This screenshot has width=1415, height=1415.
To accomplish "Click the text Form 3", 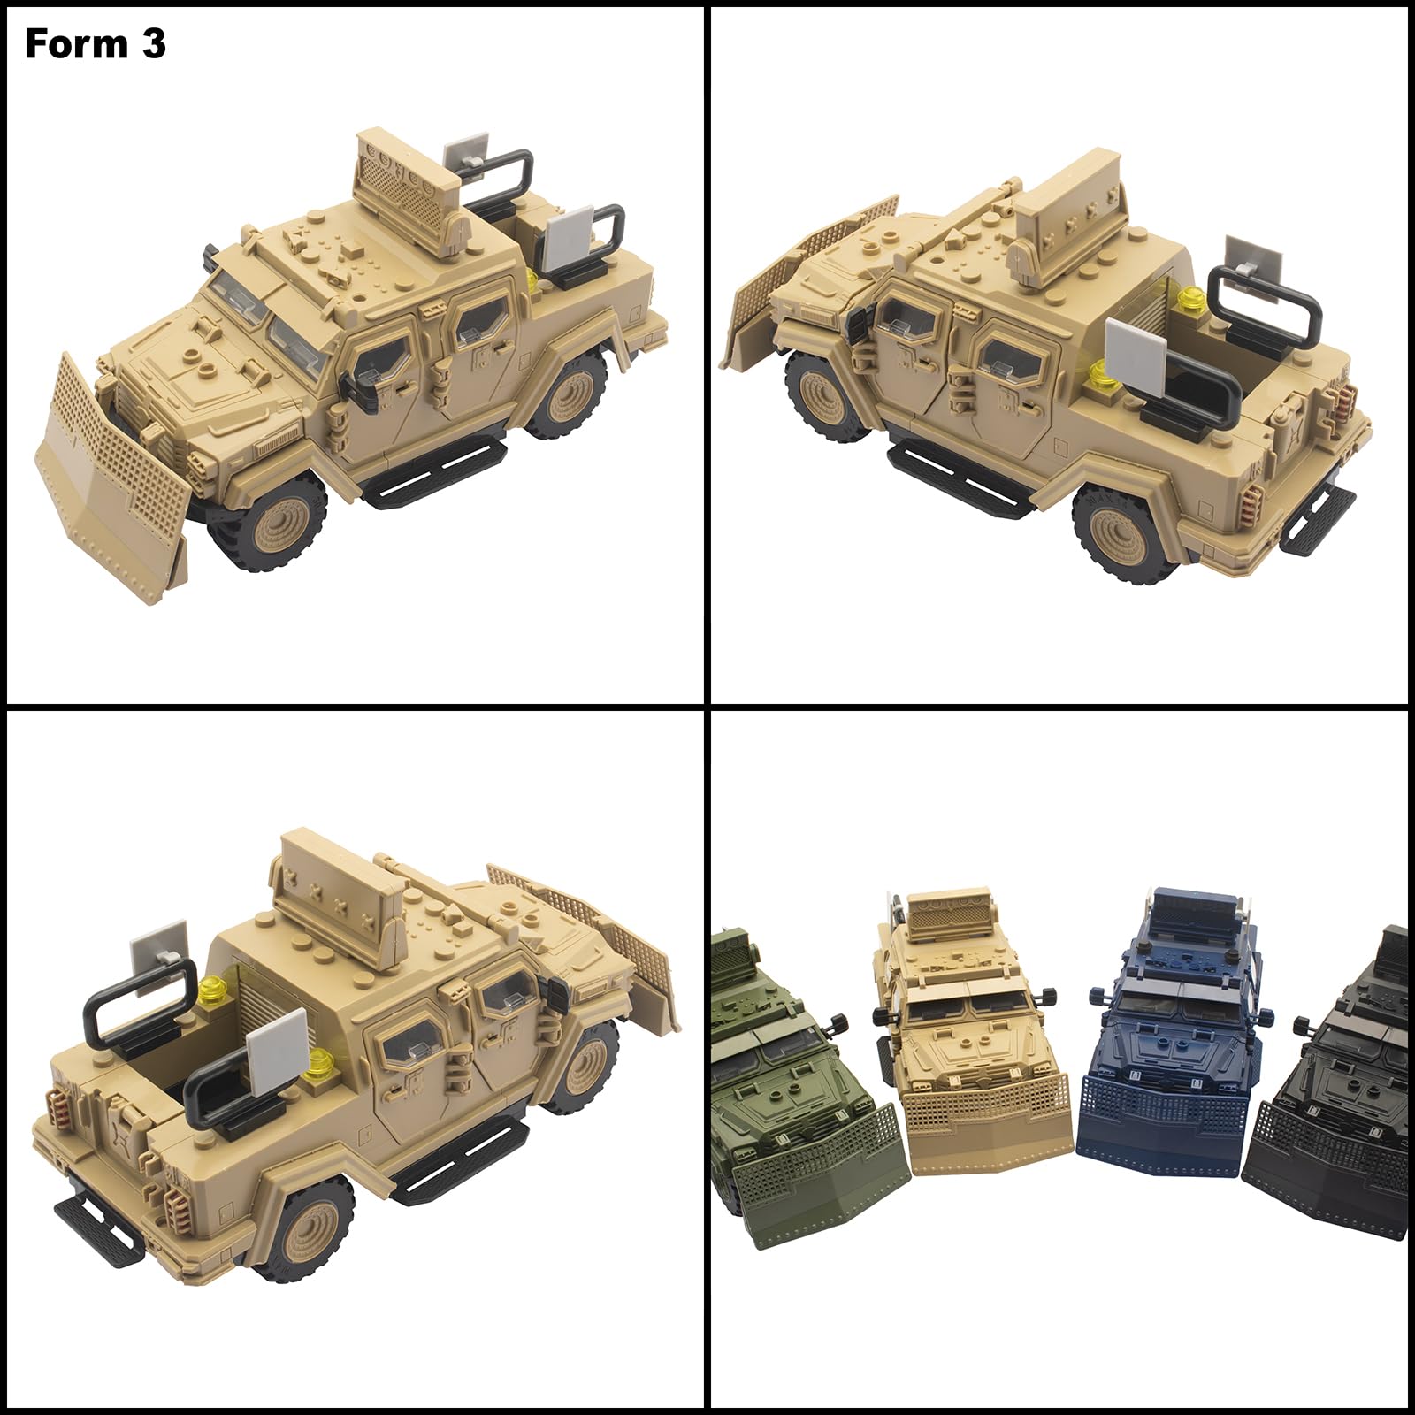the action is pyautogui.click(x=96, y=43).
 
